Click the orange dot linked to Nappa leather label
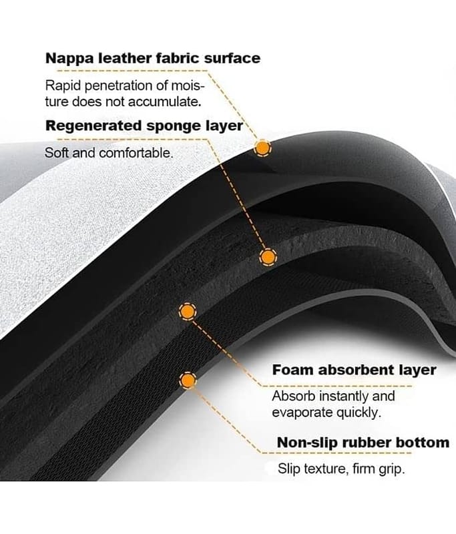pos(264,148)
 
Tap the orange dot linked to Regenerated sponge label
pos(267,256)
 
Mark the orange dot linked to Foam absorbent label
pos(188,310)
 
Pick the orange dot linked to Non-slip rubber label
pos(188,380)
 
